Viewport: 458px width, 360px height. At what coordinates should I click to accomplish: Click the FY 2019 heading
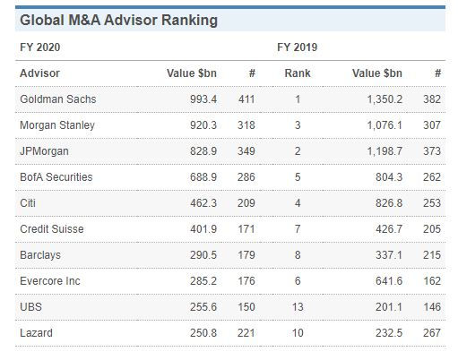(297, 46)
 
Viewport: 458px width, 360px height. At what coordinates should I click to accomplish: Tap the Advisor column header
(39, 73)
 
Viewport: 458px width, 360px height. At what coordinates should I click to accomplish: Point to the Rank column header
(297, 73)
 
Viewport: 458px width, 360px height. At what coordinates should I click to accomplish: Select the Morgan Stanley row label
(56, 124)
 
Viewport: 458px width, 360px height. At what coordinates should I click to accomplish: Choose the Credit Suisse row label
(52, 229)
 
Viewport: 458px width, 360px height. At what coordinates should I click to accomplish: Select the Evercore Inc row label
(50, 281)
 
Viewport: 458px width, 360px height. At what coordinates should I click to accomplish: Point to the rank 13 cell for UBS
(297, 307)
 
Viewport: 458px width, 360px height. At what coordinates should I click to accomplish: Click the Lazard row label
(36, 333)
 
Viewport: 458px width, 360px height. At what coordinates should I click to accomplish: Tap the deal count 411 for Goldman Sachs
(246, 99)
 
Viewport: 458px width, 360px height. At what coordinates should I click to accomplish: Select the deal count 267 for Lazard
(433, 333)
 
